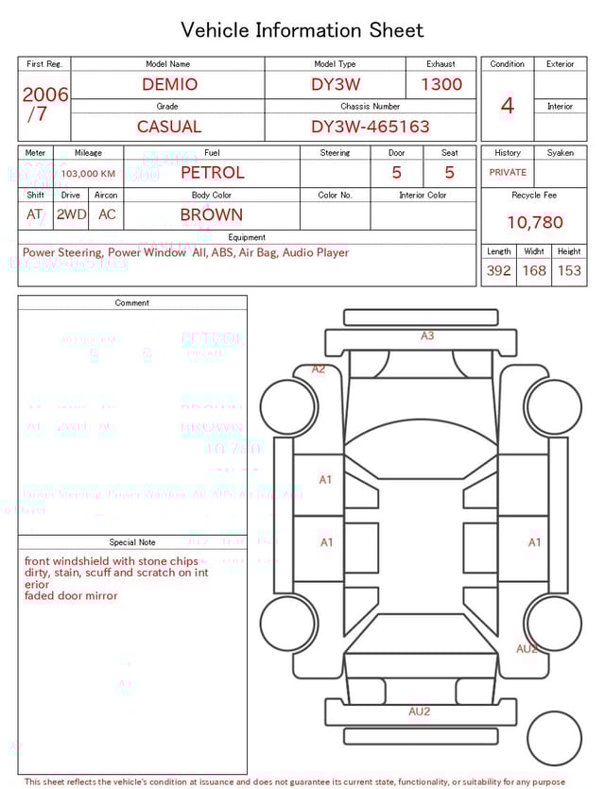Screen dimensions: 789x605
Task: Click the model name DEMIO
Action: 170,84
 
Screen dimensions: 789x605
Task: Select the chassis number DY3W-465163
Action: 370,127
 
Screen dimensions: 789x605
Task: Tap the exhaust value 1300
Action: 441,84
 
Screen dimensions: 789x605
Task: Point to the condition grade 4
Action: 508,106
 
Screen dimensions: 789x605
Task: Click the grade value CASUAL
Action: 169,127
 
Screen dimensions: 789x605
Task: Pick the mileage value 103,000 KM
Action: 89,174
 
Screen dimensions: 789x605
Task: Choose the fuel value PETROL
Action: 212,173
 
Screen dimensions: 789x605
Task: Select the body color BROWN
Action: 211,214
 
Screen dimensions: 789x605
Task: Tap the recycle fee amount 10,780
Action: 534,222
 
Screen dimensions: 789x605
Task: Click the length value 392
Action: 498,270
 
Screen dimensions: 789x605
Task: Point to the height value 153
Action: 569,270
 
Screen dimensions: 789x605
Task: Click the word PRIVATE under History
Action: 508,173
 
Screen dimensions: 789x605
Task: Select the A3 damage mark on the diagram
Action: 427,335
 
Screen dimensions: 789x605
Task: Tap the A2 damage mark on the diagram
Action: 319,369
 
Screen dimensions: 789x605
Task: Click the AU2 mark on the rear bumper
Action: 419,712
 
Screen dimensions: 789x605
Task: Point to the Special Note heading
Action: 132,542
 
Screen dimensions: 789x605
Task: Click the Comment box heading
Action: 132,303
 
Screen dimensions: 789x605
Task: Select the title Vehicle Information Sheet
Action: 302,30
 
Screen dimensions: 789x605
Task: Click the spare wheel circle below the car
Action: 555,739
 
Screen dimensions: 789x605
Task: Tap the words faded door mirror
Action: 72,596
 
